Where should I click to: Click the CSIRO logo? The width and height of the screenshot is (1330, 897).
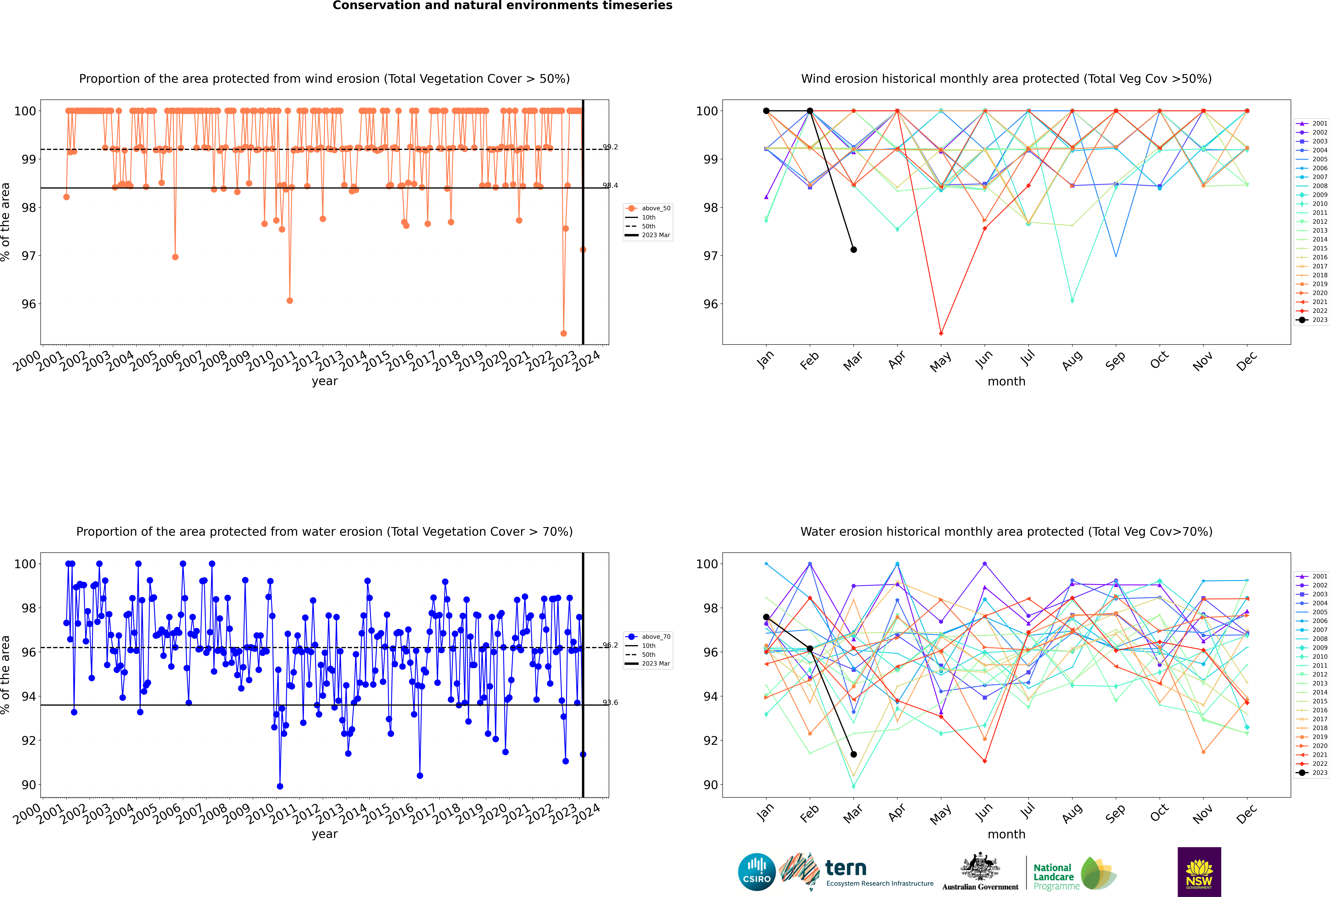tap(756, 872)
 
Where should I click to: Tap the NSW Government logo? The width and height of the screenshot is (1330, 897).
tap(1199, 872)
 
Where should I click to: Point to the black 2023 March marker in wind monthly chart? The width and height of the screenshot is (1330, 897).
tap(854, 249)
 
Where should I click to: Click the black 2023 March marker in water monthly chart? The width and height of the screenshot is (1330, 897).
tap(854, 754)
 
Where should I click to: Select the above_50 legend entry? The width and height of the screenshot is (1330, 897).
tap(648, 208)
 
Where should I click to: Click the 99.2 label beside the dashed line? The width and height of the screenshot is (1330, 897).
tap(611, 147)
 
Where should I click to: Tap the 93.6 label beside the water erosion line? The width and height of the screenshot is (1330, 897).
tap(611, 702)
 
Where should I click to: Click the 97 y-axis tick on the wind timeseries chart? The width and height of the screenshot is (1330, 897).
tap(29, 256)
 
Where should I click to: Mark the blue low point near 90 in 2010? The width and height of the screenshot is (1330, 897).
tap(280, 786)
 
